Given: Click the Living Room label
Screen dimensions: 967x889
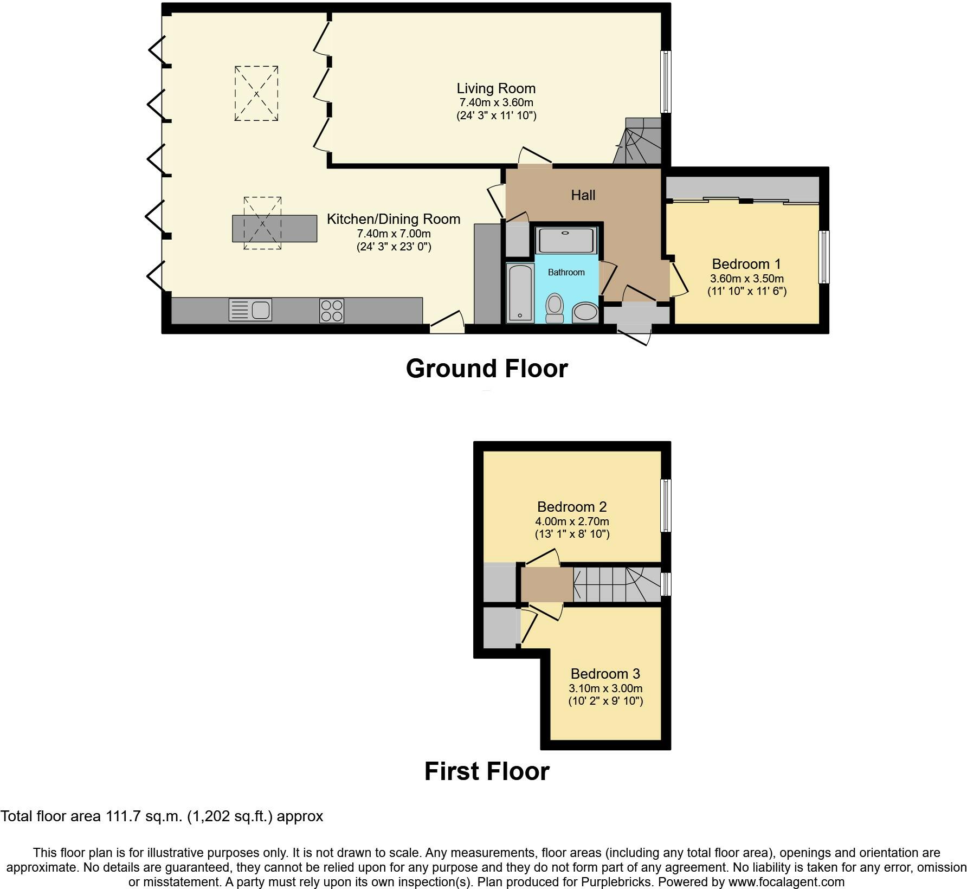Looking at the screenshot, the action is [x=496, y=88].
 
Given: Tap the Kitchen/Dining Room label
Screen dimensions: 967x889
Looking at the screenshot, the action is [x=394, y=219].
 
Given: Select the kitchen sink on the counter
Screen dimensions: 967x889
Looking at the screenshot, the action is [x=250, y=310].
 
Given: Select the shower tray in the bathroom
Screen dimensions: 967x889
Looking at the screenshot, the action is [x=566, y=240].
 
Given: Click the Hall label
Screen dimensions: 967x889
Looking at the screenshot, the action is [x=583, y=195].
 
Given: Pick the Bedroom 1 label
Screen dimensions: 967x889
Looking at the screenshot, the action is [x=746, y=264].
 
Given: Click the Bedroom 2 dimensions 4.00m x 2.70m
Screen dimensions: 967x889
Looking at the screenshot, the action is [x=572, y=521].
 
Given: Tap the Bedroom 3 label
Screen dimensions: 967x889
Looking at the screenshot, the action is [x=605, y=674].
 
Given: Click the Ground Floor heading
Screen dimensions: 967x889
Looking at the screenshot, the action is [x=487, y=369].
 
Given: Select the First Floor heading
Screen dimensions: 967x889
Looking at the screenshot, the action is [x=487, y=771].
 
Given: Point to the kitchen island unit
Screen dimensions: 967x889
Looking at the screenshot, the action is [x=275, y=228].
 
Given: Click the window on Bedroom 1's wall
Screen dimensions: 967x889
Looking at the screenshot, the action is [x=824, y=257].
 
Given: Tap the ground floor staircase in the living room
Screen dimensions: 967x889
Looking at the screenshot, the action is [x=638, y=141].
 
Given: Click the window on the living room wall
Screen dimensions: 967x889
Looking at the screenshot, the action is [x=666, y=82].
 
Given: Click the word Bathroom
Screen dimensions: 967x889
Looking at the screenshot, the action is [x=566, y=272].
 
